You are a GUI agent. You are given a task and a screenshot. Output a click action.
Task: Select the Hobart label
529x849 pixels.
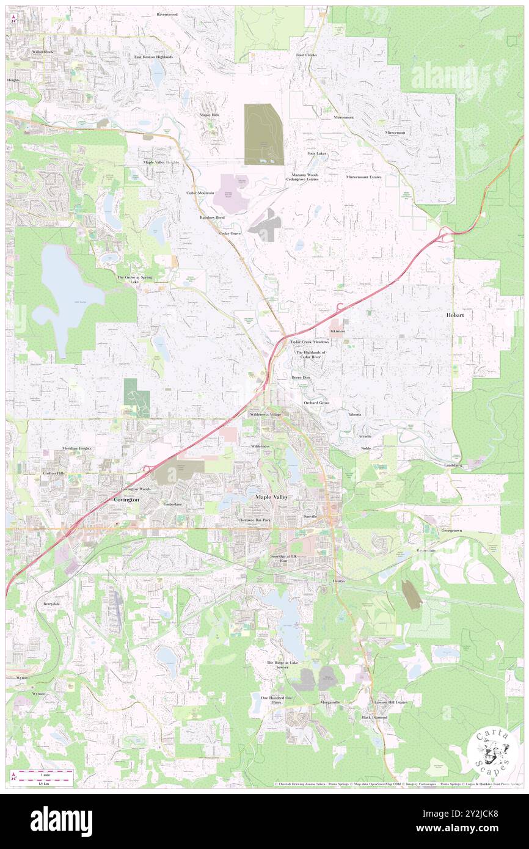pyautogui.click(x=455, y=316)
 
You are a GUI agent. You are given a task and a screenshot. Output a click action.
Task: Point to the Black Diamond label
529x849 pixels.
pyautogui.click(x=374, y=717)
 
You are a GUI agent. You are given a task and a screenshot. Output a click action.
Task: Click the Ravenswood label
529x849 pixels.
pyautogui.click(x=167, y=13)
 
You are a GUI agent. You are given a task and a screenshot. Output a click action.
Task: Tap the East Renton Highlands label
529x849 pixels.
pyautogui.click(x=154, y=57)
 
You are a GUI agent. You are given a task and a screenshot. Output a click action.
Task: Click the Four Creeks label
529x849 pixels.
pyautogui.click(x=306, y=55)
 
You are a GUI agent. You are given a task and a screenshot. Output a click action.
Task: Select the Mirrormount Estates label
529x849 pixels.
pyautogui.click(x=363, y=177)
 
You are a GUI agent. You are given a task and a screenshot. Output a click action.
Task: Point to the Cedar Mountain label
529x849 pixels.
pyautogui.click(x=200, y=193)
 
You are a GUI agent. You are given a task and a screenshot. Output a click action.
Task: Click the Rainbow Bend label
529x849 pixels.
pyautogui.click(x=212, y=217)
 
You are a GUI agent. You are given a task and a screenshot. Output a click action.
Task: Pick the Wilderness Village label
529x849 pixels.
pyautogui.click(x=265, y=415)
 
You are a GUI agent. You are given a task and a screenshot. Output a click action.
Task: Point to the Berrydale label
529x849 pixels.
pyautogui.click(x=51, y=603)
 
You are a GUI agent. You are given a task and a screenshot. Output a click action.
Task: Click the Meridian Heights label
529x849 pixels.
pyautogui.click(x=76, y=448)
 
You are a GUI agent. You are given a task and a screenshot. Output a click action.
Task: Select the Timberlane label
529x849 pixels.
pyautogui.click(x=173, y=504)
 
